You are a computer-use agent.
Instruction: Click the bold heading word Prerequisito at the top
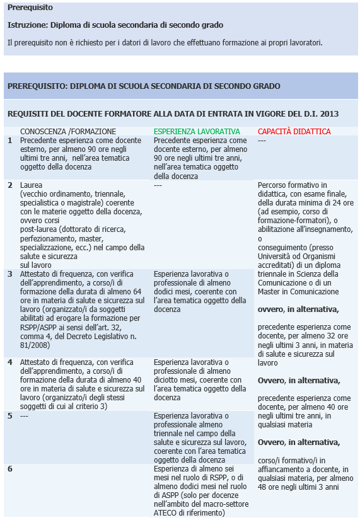point(30,8)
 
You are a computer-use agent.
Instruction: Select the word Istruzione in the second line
point(27,25)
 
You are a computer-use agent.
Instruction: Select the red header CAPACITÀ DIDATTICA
point(294,131)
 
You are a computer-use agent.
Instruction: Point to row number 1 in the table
point(9,141)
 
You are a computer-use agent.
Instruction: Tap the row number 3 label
point(9,274)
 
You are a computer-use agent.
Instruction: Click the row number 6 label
point(9,469)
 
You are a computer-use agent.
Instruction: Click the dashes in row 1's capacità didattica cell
point(262,141)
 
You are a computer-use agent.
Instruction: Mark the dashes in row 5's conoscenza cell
point(25,416)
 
